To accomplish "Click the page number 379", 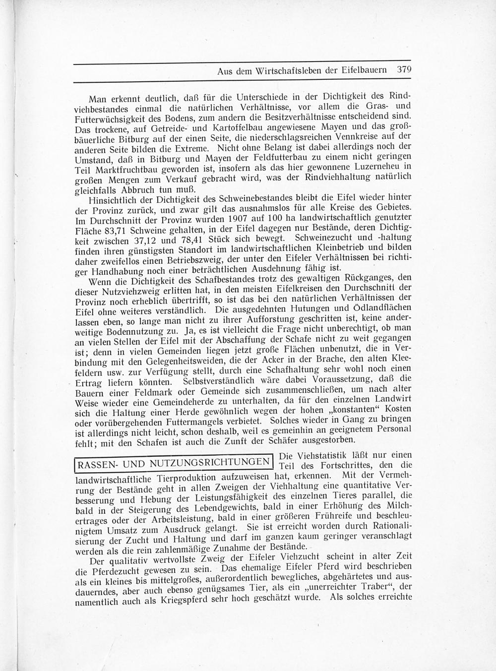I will tap(405, 70).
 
